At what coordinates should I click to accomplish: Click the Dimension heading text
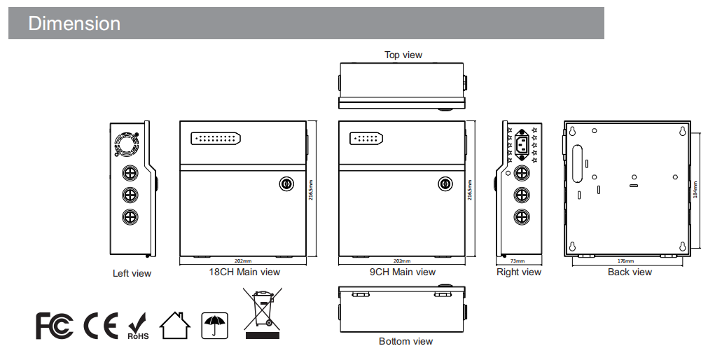[x=74, y=24]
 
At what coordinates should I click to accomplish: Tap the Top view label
[x=403, y=55]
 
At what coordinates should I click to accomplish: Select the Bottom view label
[x=405, y=341]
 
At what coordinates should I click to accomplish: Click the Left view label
[x=132, y=273]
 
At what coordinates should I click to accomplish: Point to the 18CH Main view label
[x=244, y=272]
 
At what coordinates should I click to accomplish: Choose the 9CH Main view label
[x=403, y=272]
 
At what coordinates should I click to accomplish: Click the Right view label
[x=519, y=272]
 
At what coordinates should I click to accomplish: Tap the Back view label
[x=630, y=272]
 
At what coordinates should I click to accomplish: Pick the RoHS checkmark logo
[x=138, y=326]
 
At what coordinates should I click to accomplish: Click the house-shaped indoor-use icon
[x=175, y=324]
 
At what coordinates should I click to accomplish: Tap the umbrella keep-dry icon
[x=214, y=324]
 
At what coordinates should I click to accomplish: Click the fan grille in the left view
[x=127, y=144]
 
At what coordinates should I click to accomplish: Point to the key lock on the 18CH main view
[x=286, y=184]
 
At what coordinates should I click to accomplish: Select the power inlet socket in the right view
[x=521, y=145]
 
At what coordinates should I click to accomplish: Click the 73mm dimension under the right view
[x=518, y=261]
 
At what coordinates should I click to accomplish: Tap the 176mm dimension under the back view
[x=627, y=261]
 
